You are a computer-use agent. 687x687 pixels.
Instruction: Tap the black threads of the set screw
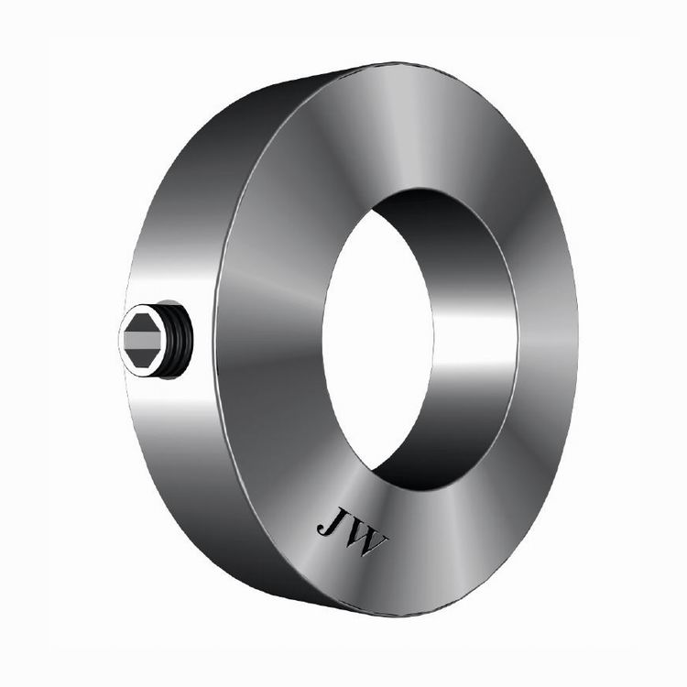click(x=183, y=340)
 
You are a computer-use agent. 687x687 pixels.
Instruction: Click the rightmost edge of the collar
click(x=577, y=339)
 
